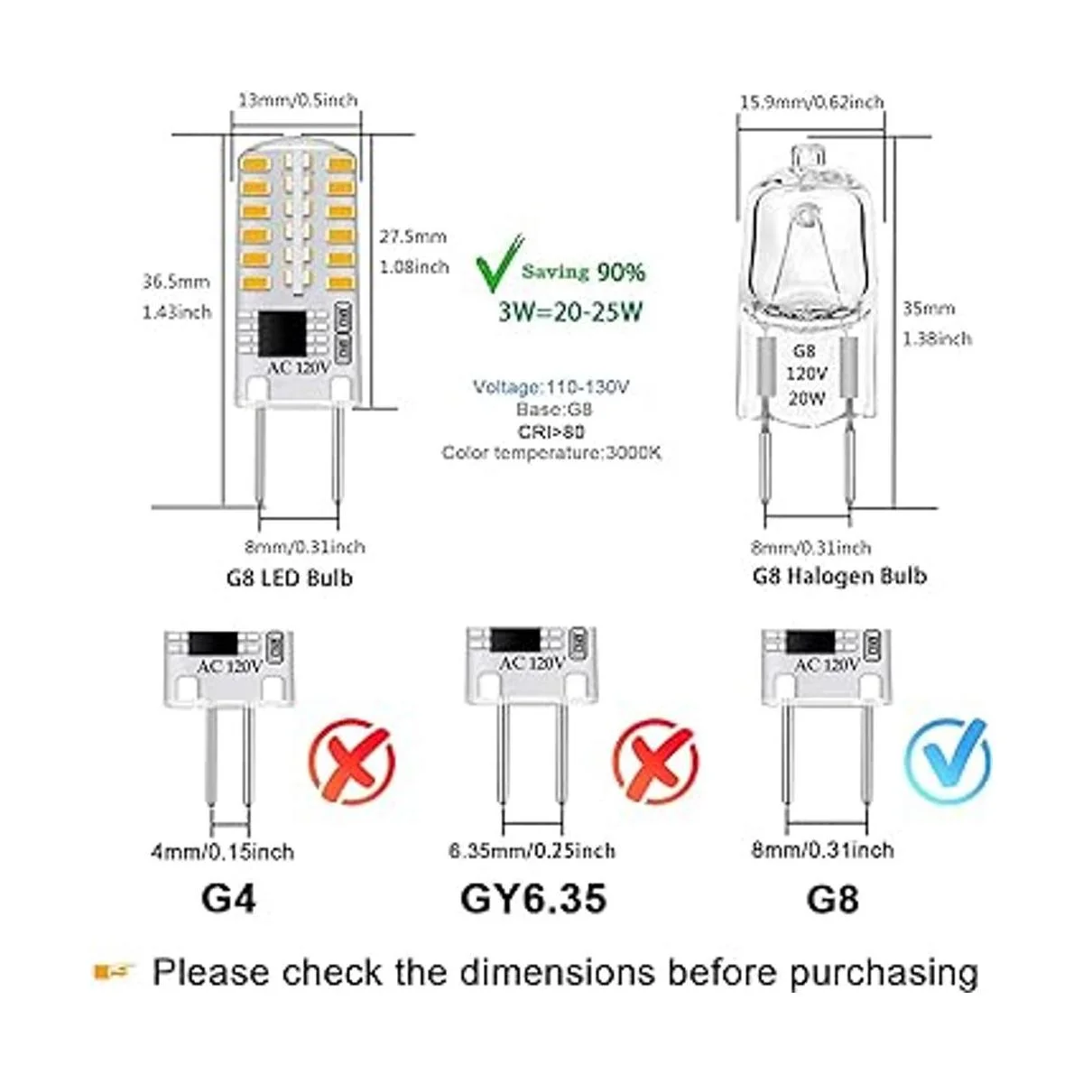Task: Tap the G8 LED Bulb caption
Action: [289, 577]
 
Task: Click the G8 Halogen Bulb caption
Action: [839, 575]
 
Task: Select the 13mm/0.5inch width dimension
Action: [298, 99]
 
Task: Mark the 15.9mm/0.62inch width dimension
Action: [811, 102]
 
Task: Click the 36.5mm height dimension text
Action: [175, 282]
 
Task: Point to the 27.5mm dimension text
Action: [412, 236]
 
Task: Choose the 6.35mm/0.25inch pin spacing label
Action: [532, 851]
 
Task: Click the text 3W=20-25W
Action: [570, 312]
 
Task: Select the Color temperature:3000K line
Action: [551, 452]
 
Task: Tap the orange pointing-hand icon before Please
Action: [115, 972]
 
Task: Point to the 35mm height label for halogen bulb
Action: [929, 309]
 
